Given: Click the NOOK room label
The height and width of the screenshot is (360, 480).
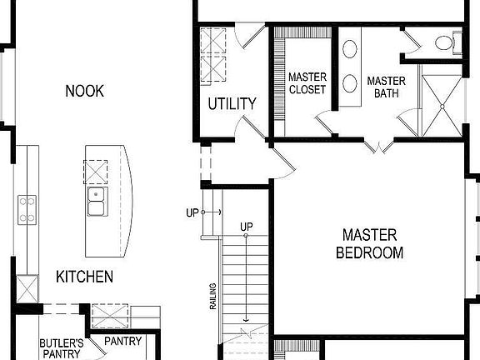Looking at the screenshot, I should click(x=85, y=91).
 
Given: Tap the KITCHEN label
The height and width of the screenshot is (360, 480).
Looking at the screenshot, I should click(x=84, y=277).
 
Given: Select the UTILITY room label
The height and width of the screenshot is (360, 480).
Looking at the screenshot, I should click(x=232, y=104).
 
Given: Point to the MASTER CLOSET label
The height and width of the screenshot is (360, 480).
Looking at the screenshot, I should click(x=307, y=83).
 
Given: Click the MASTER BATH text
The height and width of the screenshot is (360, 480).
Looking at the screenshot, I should click(x=386, y=87).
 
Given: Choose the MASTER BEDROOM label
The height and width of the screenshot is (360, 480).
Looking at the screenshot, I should click(x=369, y=243).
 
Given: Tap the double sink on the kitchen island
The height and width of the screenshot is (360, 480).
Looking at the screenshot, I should click(x=97, y=201).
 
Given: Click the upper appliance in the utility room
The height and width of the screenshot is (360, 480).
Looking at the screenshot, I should click(x=213, y=41).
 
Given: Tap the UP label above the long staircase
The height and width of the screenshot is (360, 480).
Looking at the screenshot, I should click(x=247, y=227).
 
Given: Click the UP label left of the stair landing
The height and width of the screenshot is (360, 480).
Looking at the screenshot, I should click(x=192, y=212).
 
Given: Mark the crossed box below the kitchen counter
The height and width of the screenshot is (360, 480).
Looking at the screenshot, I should click(x=27, y=290).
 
